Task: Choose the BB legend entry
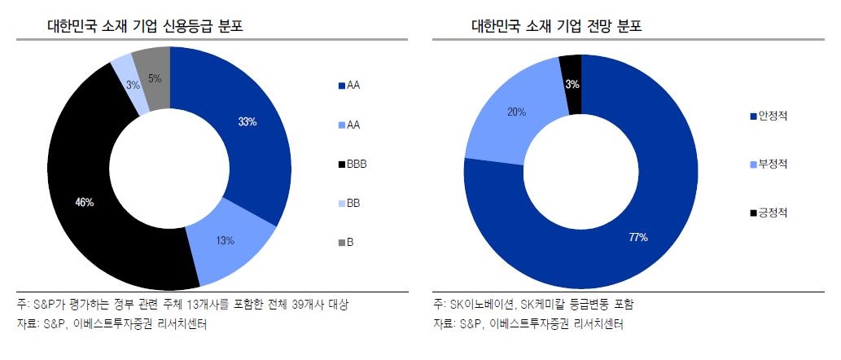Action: tap(353, 203)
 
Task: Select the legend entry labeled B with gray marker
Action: tap(349, 242)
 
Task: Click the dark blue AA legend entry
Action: tap(353, 86)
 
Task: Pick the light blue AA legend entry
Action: tap(353, 125)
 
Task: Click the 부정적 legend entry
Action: tap(771, 164)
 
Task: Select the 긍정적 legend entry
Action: tap(771, 213)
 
